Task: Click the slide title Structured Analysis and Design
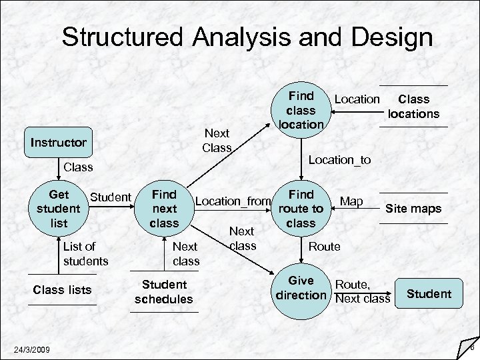tap(247, 37)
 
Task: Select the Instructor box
tap(59, 142)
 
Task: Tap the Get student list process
tap(59, 209)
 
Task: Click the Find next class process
tap(164, 209)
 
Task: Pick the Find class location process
tap(301, 111)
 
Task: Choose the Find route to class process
tap(301, 209)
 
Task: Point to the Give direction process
tap(301, 288)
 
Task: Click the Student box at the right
tap(429, 293)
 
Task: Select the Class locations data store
tap(413, 107)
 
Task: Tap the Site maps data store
tap(413, 209)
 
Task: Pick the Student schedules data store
tap(163, 292)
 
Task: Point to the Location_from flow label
tap(233, 201)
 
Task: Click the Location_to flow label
tap(339, 159)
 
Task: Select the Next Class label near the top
tap(217, 141)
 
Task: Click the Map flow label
tap(351, 201)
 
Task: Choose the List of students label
tap(85, 253)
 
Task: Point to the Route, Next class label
tap(362, 291)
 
